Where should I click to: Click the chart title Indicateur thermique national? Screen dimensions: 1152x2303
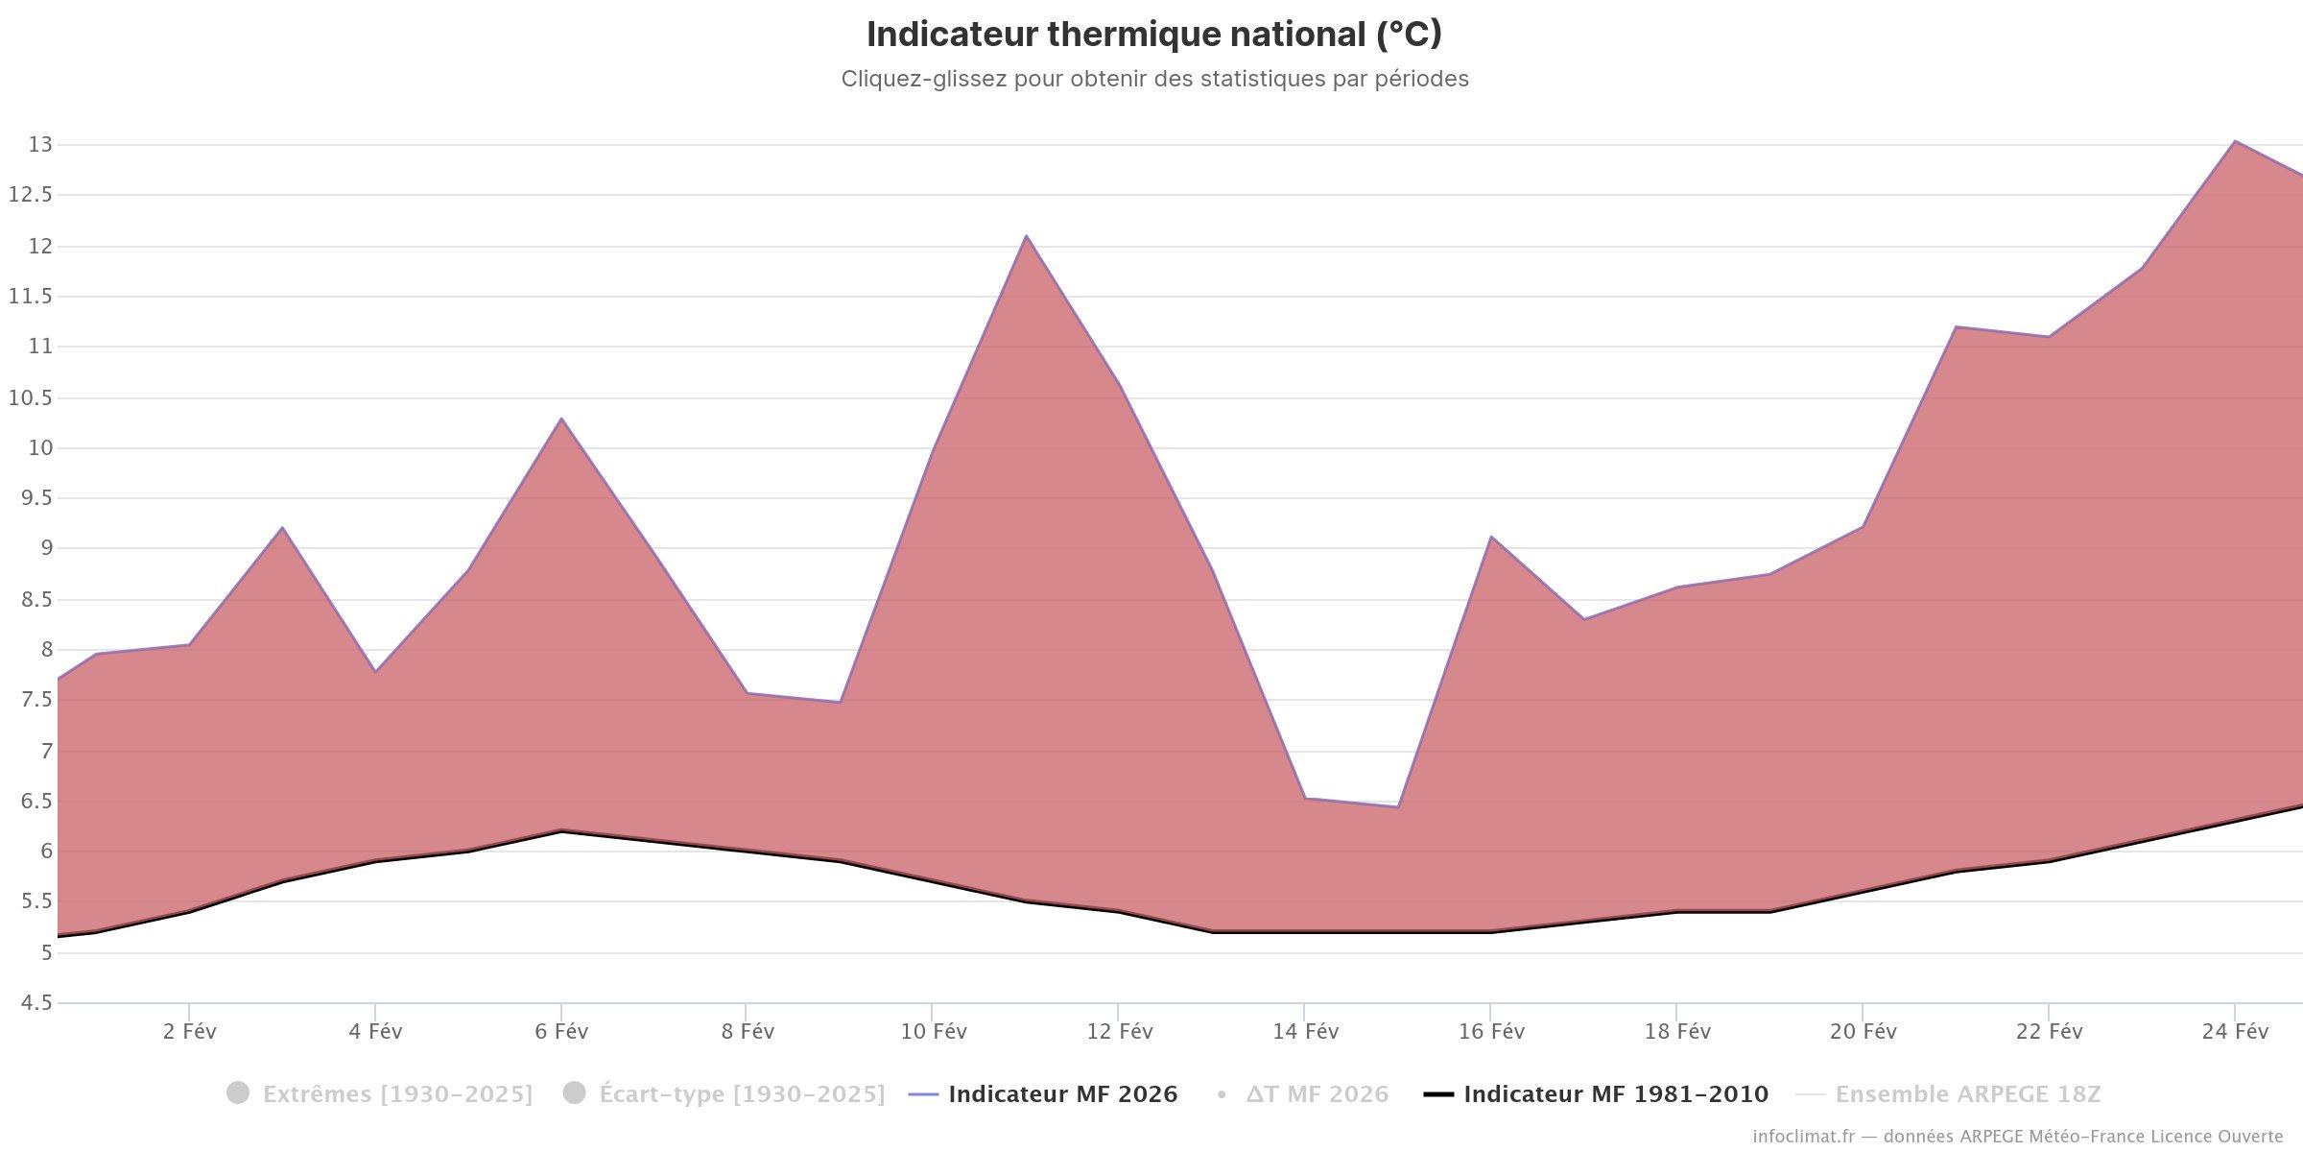1153,35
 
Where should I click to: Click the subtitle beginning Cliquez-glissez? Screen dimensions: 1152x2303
1154,79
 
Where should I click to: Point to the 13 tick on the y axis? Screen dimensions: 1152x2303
40,145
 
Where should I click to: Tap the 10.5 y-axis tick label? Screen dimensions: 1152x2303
29,397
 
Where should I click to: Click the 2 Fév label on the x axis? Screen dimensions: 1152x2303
190,1032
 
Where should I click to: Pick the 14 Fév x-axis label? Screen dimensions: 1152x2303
1305,1032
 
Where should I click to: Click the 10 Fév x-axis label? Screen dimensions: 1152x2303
934,1032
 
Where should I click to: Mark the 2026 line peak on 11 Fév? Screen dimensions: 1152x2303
1026,235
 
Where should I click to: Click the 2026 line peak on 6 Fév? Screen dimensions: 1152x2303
561,419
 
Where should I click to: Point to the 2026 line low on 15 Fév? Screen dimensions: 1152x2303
1397,806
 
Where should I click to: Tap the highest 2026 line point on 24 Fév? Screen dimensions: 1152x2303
2235,141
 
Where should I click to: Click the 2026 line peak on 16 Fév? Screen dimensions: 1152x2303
1490,537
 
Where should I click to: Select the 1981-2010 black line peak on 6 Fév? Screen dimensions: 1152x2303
561,830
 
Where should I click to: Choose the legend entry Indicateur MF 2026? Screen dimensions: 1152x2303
1062,1094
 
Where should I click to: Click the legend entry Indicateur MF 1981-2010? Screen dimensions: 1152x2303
1615,1094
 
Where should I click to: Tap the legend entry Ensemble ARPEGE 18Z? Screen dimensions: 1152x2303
1967,1094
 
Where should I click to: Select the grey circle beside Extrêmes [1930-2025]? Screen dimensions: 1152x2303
238,1093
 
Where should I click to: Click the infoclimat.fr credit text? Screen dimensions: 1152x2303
2017,1137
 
